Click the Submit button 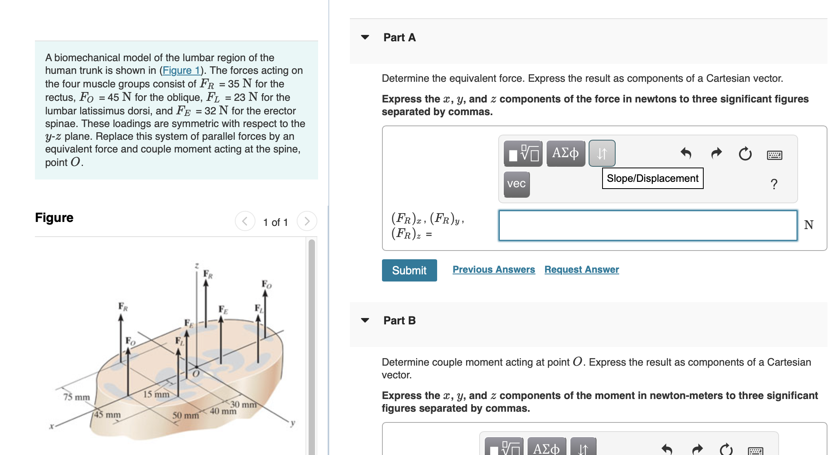pyautogui.click(x=409, y=270)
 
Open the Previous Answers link pyautogui.click(x=493, y=270)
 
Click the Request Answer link pyautogui.click(x=581, y=270)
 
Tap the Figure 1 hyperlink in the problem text pyautogui.click(x=181, y=70)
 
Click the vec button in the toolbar pyautogui.click(x=516, y=184)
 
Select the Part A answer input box pyautogui.click(x=647, y=226)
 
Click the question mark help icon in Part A pyautogui.click(x=773, y=184)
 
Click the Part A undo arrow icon pyautogui.click(x=685, y=153)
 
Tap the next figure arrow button pyautogui.click(x=307, y=221)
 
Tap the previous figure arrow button pyautogui.click(x=245, y=221)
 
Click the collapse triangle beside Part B pyautogui.click(x=365, y=320)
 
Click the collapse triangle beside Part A pyautogui.click(x=365, y=37)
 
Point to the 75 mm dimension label pyautogui.click(x=77, y=397)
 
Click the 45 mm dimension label pyautogui.click(x=107, y=415)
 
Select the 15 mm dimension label pyautogui.click(x=156, y=394)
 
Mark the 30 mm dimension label pyautogui.click(x=243, y=405)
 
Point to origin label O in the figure pyautogui.click(x=196, y=374)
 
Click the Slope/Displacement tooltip pyautogui.click(x=652, y=178)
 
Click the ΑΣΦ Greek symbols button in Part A pyautogui.click(x=565, y=153)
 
